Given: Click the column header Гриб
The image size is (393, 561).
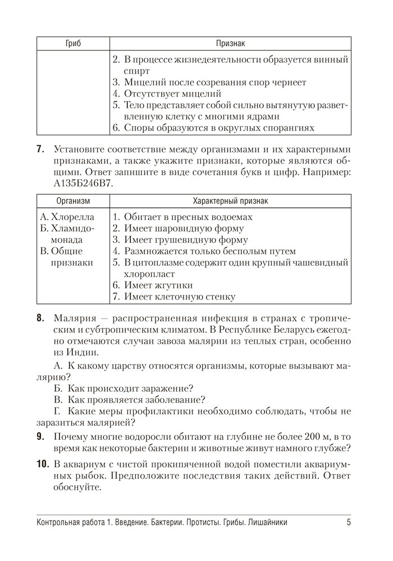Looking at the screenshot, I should coord(73,43).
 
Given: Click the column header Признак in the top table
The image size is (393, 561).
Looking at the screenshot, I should coord(230,43).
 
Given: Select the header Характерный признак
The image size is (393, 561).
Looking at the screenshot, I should coord(230,200).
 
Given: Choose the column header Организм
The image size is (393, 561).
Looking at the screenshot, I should coord(73,200).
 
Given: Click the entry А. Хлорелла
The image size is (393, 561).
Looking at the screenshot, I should coord(67,217).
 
